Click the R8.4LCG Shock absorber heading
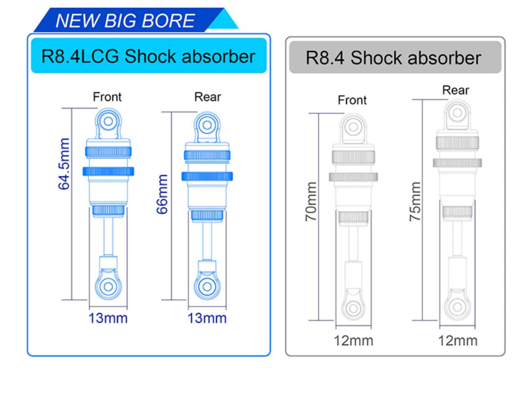pyautogui.click(x=149, y=56)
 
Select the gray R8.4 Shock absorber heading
pyautogui.click(x=393, y=58)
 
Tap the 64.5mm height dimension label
pyautogui.click(x=64, y=164)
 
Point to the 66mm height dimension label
pyautogui.click(x=162, y=194)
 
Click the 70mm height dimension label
pyautogui.click(x=311, y=202)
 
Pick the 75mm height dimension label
pyautogui.click(x=415, y=202)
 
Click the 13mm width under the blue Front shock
pyautogui.click(x=108, y=318)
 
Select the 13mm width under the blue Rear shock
pyautogui.click(x=207, y=318)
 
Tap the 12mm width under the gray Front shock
pyautogui.click(x=353, y=341)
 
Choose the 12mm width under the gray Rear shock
pyautogui.click(x=458, y=341)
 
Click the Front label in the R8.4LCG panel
pyautogui.click(x=107, y=97)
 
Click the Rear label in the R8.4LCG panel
pyautogui.click(x=207, y=97)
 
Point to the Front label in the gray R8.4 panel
pyautogui.click(x=352, y=100)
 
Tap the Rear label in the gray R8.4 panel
pyautogui.click(x=456, y=90)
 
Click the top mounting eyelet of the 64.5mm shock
pyautogui.click(x=108, y=121)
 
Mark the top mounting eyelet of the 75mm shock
pyautogui.click(x=457, y=112)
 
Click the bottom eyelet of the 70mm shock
pyautogui.click(x=353, y=308)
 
